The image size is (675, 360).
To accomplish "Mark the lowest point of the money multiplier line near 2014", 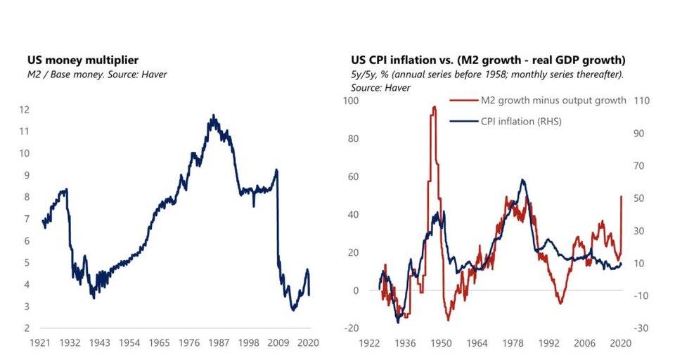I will (x=293, y=309).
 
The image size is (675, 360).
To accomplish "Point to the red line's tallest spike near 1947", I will (x=434, y=107).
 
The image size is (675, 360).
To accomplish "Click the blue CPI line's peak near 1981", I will (x=522, y=180).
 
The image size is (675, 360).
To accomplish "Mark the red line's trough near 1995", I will (x=560, y=303).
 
